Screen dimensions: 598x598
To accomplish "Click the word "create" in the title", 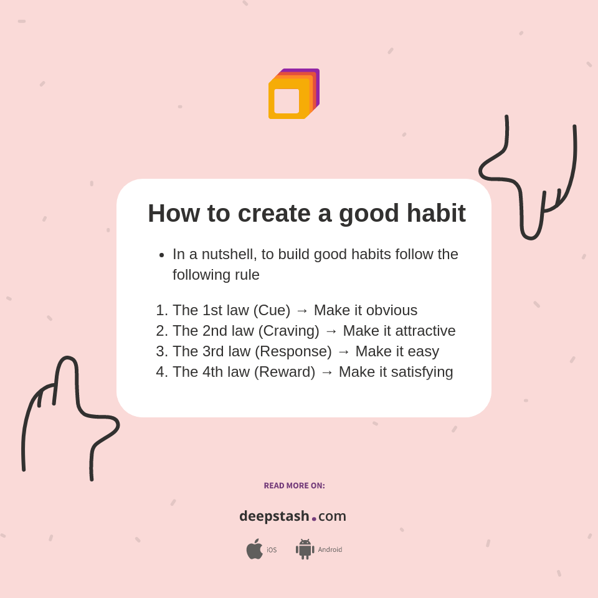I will point(274,213).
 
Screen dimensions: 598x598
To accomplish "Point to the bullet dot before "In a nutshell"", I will point(161,255).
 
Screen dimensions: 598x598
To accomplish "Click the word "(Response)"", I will point(293,351).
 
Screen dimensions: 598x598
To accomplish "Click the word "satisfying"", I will point(422,372).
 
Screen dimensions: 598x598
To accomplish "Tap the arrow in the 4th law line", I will point(327,373).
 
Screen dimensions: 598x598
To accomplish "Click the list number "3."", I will point(162,351).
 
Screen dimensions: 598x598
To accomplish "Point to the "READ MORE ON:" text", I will point(294,486).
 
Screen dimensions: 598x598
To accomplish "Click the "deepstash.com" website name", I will point(293,516).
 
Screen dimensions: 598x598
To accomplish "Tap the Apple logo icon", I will point(254,549).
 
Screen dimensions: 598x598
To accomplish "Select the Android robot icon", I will point(305,549).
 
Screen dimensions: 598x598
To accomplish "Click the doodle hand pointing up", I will point(69,411).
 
